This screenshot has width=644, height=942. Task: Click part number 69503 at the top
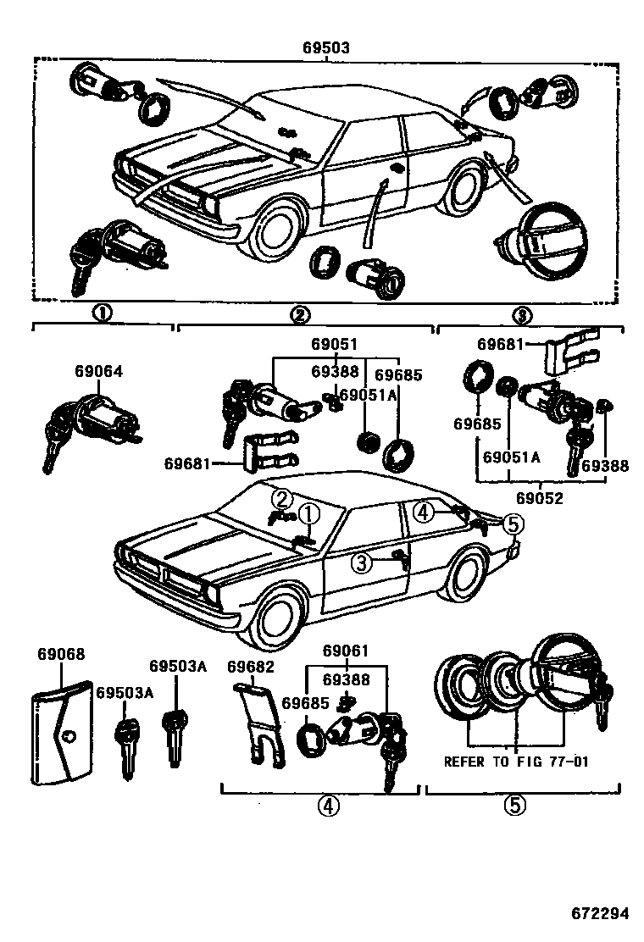tap(326, 49)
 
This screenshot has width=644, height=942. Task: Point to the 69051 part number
tap(333, 345)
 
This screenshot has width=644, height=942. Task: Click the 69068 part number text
tap(61, 655)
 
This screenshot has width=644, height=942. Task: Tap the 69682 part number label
tap(250, 666)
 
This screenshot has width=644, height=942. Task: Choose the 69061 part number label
tap(345, 651)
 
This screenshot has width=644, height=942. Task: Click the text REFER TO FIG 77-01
tap(516, 761)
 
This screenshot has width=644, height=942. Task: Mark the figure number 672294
tap(599, 913)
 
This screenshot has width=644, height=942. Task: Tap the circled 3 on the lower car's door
tap(362, 562)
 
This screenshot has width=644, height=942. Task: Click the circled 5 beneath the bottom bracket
tap(514, 805)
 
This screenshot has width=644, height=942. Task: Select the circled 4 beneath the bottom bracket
tap(328, 806)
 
